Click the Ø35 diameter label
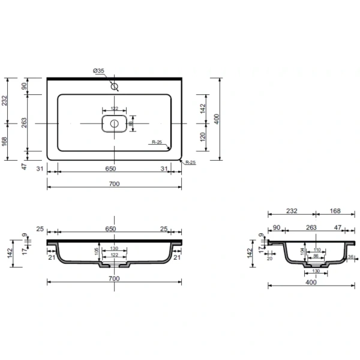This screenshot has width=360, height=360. pyautogui.click(x=99, y=71)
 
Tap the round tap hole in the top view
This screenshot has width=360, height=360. pyautogui.click(x=114, y=86)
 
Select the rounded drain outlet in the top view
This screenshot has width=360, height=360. pyautogui.click(x=114, y=124)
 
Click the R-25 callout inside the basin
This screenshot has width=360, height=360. pyautogui.click(x=158, y=142)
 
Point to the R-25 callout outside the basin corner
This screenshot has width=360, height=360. pyautogui.click(x=190, y=163)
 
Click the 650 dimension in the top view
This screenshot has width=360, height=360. pyautogui.click(x=111, y=169)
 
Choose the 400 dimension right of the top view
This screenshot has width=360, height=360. pyautogui.click(x=226, y=119)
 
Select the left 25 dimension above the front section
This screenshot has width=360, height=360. pyautogui.click(x=40, y=229)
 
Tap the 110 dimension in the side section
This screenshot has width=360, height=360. pyautogui.click(x=317, y=250)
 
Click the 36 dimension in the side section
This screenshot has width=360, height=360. pyautogui.click(x=350, y=257)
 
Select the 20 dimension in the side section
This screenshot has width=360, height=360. pyautogui.click(x=269, y=259)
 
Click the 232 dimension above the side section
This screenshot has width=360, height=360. pyautogui.click(x=290, y=211)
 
